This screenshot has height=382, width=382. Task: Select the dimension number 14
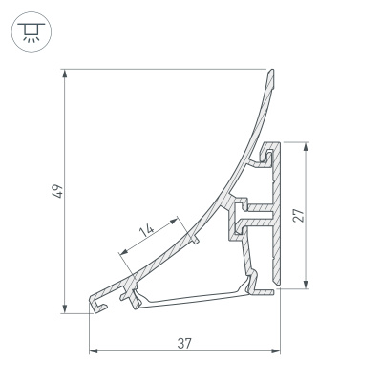(146, 229)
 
